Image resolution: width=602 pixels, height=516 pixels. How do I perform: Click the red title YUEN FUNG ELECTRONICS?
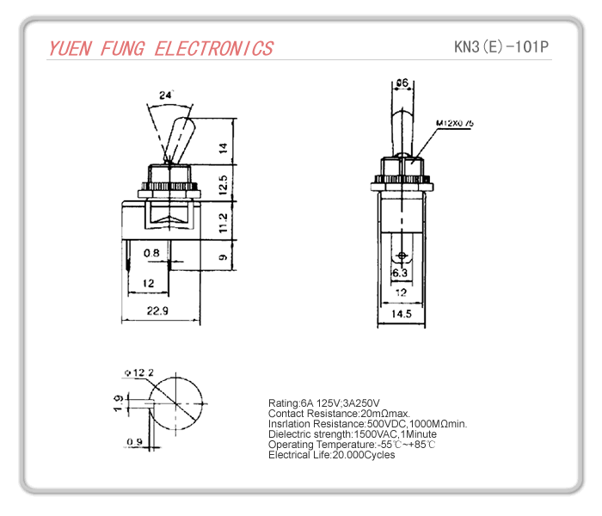tap(161, 48)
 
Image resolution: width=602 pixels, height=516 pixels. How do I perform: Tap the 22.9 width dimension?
tap(156, 310)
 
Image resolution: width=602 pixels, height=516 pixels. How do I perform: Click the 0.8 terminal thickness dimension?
tap(151, 253)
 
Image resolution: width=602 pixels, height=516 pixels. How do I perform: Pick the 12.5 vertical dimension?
tap(223, 184)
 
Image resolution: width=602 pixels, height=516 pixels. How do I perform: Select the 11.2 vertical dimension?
tap(223, 222)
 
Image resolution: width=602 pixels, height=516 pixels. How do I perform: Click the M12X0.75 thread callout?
tap(455, 124)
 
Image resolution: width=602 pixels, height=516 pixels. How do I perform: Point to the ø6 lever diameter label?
tap(402, 83)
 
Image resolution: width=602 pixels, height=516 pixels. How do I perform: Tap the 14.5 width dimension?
tap(402, 315)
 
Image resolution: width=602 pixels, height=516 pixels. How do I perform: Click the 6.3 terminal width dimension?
tap(400, 273)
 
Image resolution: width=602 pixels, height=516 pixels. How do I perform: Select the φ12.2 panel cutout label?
tap(138, 372)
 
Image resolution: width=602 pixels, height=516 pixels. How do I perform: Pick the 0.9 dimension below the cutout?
tap(134, 442)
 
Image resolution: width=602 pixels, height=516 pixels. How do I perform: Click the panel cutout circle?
tap(179, 403)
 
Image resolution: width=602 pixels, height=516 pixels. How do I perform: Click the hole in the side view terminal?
tap(402, 256)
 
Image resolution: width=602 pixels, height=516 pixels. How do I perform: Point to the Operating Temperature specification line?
tap(352, 444)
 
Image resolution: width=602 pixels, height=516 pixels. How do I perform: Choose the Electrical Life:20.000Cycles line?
tap(331, 454)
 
